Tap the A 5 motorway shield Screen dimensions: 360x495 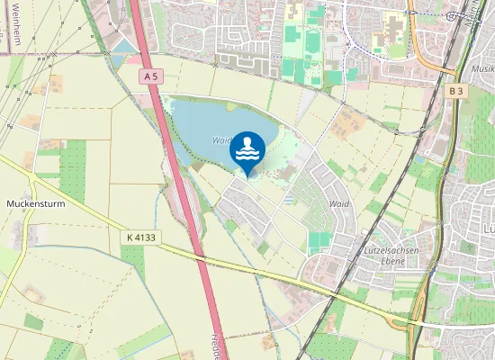tap(150, 77)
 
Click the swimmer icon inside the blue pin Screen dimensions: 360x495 tap(247, 148)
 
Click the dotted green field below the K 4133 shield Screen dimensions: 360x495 tap(133, 260)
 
